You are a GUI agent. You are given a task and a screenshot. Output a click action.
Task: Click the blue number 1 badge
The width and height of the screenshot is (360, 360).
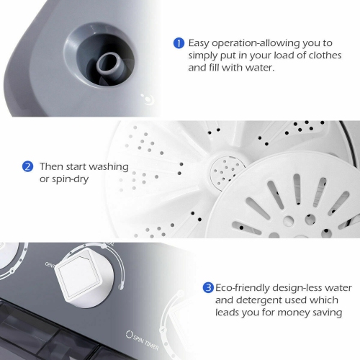[x=179, y=42]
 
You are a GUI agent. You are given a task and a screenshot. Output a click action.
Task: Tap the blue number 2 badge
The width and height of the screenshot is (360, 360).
[x=28, y=166]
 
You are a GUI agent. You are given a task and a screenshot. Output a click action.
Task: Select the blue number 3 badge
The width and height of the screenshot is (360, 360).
[x=208, y=287]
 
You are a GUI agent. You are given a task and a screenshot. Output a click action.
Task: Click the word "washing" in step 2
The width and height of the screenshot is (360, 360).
[x=110, y=166]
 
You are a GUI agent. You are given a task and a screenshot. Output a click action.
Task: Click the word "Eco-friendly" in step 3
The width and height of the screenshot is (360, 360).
[x=246, y=287]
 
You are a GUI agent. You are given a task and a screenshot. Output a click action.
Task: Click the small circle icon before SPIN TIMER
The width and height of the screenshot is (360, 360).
[x=130, y=335]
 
